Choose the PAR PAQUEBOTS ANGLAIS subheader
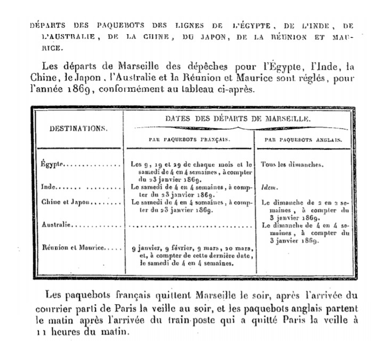[x=303, y=139]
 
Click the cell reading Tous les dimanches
[x=291, y=165]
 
